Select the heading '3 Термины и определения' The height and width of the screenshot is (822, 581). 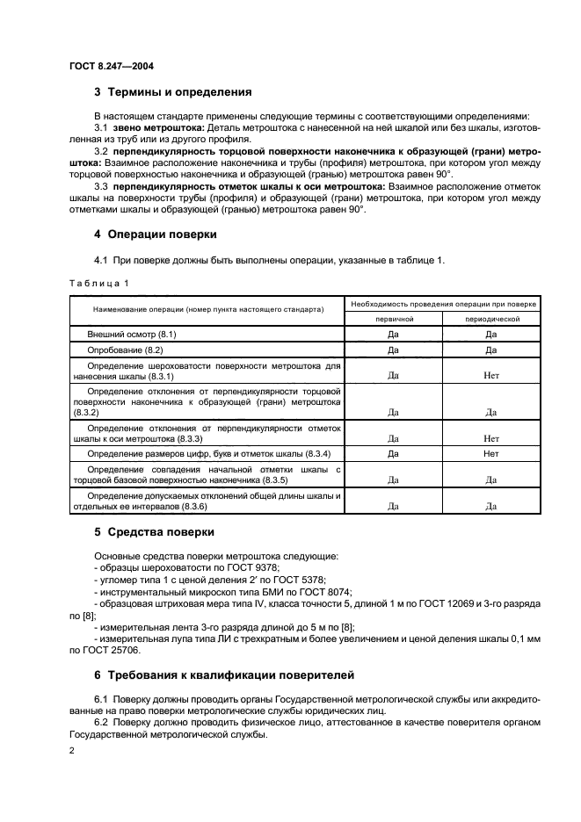point(173,90)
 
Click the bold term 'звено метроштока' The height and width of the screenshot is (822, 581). point(157,128)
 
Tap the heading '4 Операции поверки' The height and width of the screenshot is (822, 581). point(156,234)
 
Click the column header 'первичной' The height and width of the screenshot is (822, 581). point(394,320)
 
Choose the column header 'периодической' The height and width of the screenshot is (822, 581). point(490,320)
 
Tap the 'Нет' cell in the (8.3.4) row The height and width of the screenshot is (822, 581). point(490,454)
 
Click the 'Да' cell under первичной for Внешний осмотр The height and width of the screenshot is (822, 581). point(394,335)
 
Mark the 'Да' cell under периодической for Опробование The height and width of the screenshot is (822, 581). point(490,350)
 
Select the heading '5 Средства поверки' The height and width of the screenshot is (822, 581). point(155,532)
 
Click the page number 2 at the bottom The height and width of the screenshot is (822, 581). point(72,753)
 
